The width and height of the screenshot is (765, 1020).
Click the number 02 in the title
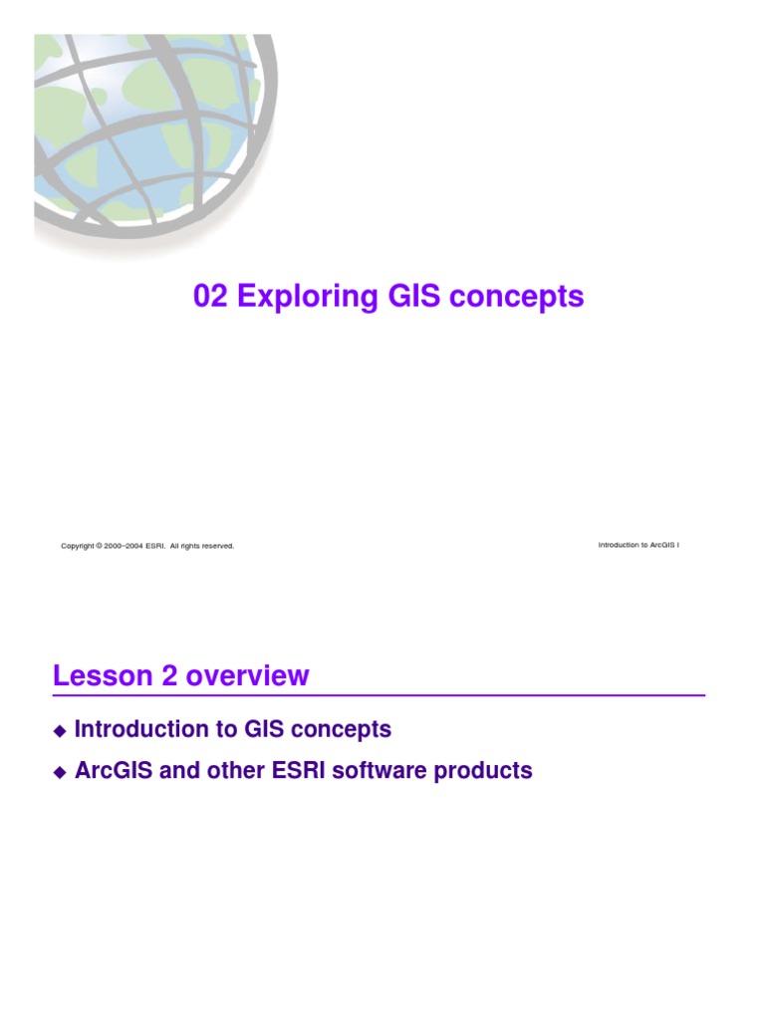coord(211,296)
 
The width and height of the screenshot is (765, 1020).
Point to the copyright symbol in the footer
coord(99,546)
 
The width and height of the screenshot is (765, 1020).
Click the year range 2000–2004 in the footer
coord(124,546)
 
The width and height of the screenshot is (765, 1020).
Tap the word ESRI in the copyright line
coord(154,546)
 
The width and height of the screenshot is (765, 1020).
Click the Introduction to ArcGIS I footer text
coord(638,545)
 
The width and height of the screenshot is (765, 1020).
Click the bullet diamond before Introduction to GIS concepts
coord(59,731)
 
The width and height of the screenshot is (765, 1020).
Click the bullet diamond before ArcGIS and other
coord(59,772)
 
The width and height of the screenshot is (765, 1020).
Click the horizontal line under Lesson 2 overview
coord(379,694)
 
